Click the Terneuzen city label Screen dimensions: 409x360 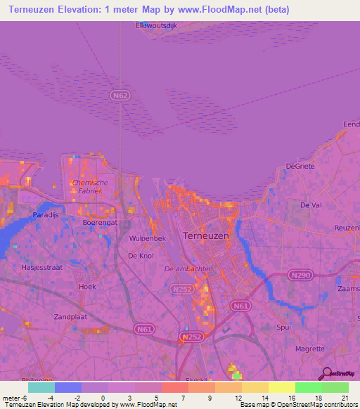(x=205, y=236)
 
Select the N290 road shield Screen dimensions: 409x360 (x=298, y=276)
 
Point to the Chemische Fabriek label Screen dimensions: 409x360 (x=91, y=187)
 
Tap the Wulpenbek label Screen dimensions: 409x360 (x=147, y=239)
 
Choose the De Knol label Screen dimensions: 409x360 (x=141, y=256)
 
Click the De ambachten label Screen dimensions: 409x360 (x=188, y=269)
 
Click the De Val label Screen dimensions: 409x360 (x=310, y=205)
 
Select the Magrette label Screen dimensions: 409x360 (x=309, y=349)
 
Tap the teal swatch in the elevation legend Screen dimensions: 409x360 (x=41, y=387)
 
